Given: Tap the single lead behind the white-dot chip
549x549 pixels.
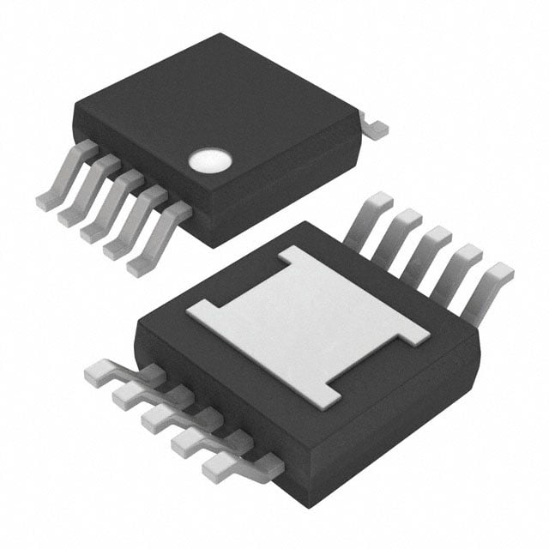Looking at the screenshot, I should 374,128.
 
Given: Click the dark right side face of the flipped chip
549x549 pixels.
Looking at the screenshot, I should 403,429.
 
